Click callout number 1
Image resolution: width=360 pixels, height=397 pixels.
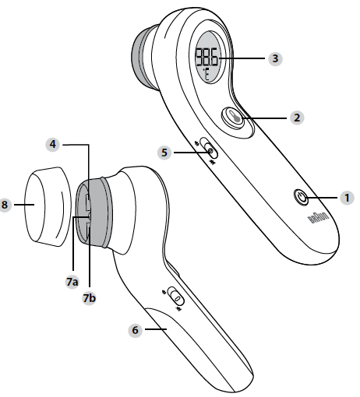348,198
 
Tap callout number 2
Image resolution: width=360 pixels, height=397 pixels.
296,118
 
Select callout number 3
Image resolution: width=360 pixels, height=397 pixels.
275,58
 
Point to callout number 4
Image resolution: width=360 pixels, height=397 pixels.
51,144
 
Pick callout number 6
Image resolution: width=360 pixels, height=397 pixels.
135,330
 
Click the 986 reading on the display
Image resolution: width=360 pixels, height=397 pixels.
206,58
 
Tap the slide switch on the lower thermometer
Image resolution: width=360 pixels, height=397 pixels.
175,298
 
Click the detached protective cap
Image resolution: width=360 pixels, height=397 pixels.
43,206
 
